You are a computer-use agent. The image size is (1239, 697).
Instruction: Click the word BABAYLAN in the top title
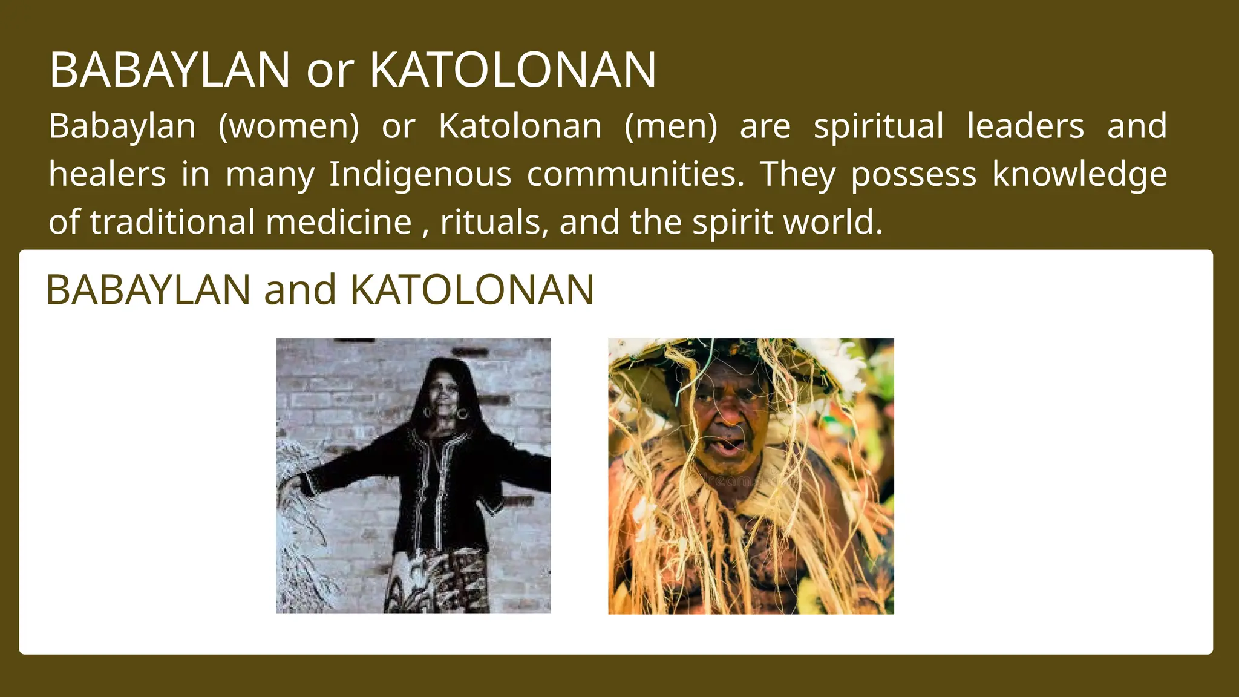pos(169,70)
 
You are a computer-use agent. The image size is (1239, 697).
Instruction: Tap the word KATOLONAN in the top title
pos(512,70)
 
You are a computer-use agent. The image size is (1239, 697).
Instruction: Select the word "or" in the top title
pos(329,71)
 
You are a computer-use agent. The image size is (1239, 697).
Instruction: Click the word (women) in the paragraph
pos(289,126)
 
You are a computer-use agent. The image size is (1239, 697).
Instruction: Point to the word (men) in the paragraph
pos(670,126)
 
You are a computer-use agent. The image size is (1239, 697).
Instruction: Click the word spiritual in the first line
pos(878,126)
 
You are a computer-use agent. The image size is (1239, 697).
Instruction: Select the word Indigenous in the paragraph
pos(420,174)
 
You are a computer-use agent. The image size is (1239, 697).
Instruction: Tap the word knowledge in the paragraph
pos(1079,174)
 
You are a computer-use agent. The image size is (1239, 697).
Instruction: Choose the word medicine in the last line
pos(339,222)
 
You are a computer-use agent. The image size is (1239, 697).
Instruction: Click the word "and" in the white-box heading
pos(299,290)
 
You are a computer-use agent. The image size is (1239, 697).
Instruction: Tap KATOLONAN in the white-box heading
pos(472,290)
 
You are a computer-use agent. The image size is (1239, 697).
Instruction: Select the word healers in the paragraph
pos(107,174)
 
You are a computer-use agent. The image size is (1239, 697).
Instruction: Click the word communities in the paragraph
pos(635,174)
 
